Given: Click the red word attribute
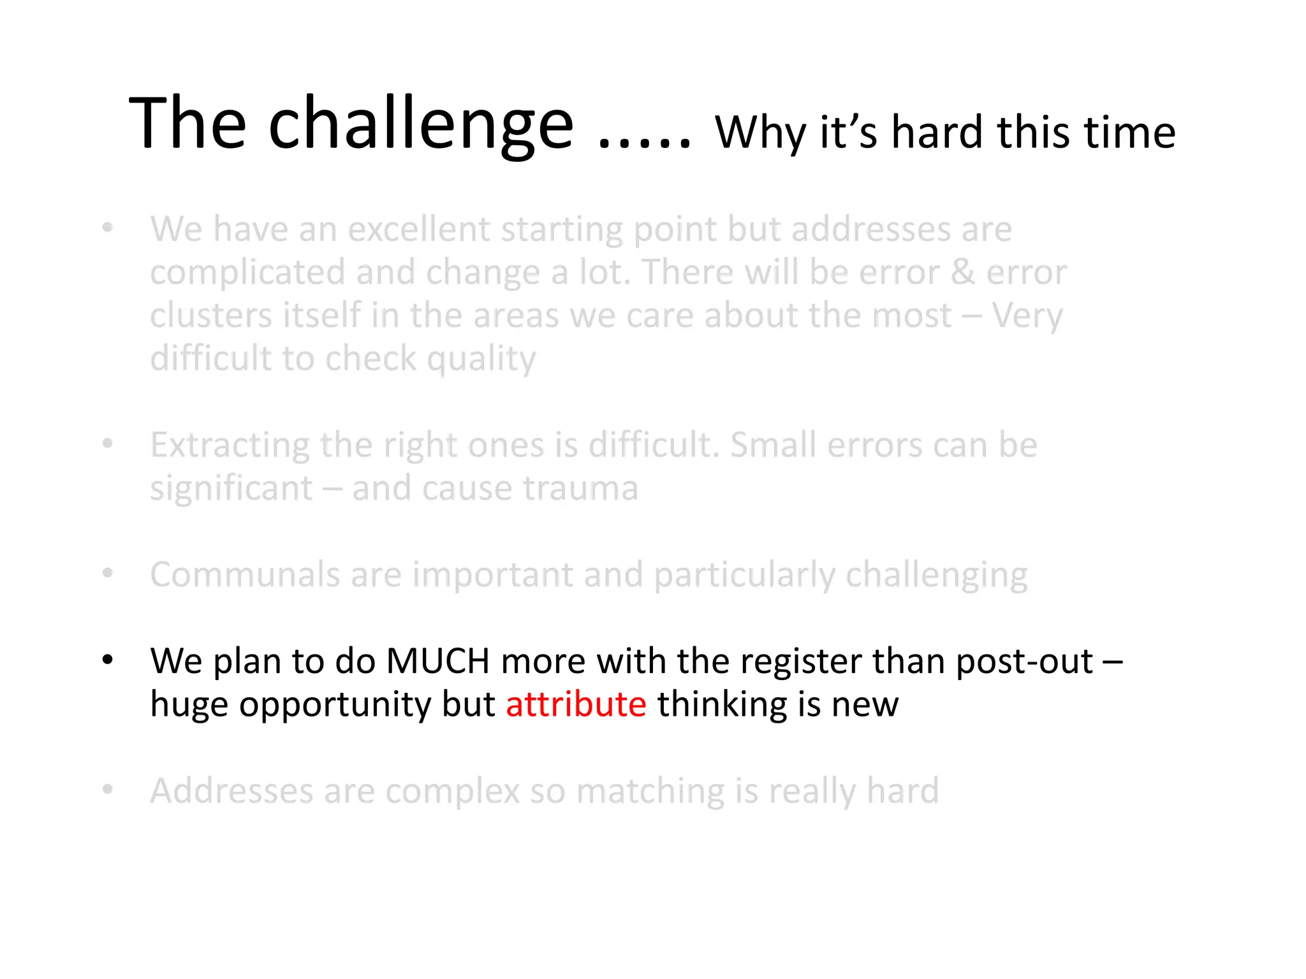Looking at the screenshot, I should pyautogui.click(x=576, y=705).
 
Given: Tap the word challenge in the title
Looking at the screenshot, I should pyautogui.click(x=421, y=124).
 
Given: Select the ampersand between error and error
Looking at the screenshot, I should pyautogui.click(x=962, y=273).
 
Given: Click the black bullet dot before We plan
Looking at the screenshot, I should pyautogui.click(x=108, y=660).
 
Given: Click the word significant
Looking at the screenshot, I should pyautogui.click(x=231, y=489).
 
